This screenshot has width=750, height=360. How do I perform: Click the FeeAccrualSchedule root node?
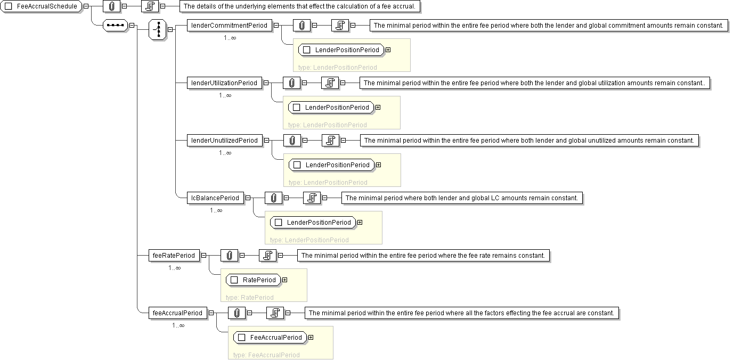point(42,6)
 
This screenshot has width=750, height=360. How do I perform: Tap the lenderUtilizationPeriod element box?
point(224,83)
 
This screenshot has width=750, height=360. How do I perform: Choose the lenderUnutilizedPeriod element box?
point(224,140)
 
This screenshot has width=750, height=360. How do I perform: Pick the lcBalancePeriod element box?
point(215,198)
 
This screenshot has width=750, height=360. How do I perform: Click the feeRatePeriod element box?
point(174,255)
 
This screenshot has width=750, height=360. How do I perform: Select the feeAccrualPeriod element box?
point(177,313)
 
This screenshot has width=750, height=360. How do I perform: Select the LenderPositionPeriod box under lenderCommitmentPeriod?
point(341,50)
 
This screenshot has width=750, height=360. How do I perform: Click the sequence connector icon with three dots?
point(115,25)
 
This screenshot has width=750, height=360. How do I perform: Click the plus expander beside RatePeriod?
point(284,280)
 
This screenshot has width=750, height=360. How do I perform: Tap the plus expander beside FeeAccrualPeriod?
point(311,337)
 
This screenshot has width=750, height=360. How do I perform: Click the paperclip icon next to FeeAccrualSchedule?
point(111,6)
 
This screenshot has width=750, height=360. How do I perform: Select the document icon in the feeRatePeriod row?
point(268,255)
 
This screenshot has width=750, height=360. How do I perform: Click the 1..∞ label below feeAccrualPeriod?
point(178,325)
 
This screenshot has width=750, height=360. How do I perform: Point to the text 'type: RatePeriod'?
point(249,297)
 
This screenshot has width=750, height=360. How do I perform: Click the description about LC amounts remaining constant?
point(461,198)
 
